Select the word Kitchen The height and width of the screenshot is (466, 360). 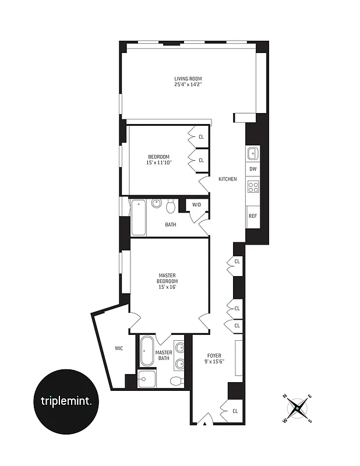(x=227, y=179)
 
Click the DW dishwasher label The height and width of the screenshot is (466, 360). (x=253, y=169)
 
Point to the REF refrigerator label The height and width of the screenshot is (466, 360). (x=253, y=216)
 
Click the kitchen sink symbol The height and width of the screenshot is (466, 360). (x=253, y=153)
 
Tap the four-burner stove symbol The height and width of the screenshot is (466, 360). (x=253, y=186)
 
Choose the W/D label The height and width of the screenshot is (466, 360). (x=196, y=204)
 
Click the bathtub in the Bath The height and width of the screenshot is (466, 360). (x=138, y=217)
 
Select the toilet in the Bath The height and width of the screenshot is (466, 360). (x=171, y=206)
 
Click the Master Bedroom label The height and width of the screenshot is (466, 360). (x=167, y=278)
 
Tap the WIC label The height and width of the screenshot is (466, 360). (x=118, y=348)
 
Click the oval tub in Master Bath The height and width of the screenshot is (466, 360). (x=146, y=351)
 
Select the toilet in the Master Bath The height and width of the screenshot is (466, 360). (x=176, y=381)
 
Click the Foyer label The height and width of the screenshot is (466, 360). (x=215, y=355)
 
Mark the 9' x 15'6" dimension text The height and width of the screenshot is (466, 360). (x=215, y=362)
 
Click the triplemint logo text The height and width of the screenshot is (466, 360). (x=66, y=401)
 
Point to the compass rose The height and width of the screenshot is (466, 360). (x=298, y=408)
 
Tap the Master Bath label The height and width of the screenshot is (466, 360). (x=164, y=355)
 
